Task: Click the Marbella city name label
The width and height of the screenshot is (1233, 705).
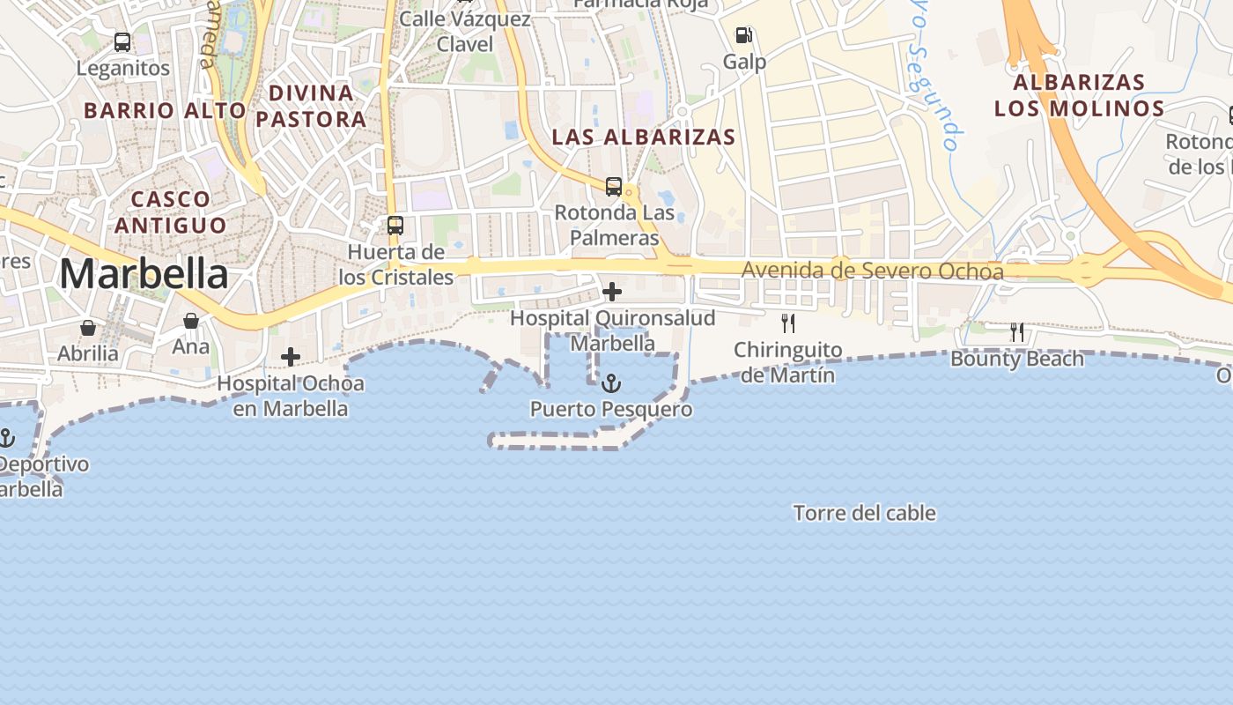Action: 144,274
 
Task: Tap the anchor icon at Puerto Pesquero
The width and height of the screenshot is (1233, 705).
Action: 610,383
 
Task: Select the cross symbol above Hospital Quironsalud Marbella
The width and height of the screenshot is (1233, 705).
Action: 612,291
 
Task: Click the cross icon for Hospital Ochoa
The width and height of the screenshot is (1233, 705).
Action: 291,357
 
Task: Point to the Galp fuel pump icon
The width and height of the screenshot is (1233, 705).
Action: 744,35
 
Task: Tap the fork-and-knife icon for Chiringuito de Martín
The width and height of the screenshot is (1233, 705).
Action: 788,323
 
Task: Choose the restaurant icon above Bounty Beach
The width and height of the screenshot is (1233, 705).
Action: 1017,332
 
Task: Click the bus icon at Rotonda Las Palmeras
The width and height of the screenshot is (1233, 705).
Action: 614,187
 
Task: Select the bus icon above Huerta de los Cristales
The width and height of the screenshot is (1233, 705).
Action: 395,226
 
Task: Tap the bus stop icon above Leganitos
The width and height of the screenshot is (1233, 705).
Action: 122,41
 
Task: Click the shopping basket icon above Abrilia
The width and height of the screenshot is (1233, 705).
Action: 88,328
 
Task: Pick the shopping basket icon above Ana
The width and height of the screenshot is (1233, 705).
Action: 191,321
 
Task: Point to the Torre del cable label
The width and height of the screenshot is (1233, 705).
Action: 864,513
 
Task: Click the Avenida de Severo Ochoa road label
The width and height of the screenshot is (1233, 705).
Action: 872,271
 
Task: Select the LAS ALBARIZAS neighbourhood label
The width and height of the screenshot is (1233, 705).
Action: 643,137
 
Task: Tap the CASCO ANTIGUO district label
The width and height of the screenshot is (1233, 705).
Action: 170,211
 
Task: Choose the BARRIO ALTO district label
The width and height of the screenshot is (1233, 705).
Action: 165,110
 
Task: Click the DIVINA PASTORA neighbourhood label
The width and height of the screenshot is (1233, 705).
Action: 311,106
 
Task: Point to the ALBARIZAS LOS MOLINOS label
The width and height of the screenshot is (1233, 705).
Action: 1079,95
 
